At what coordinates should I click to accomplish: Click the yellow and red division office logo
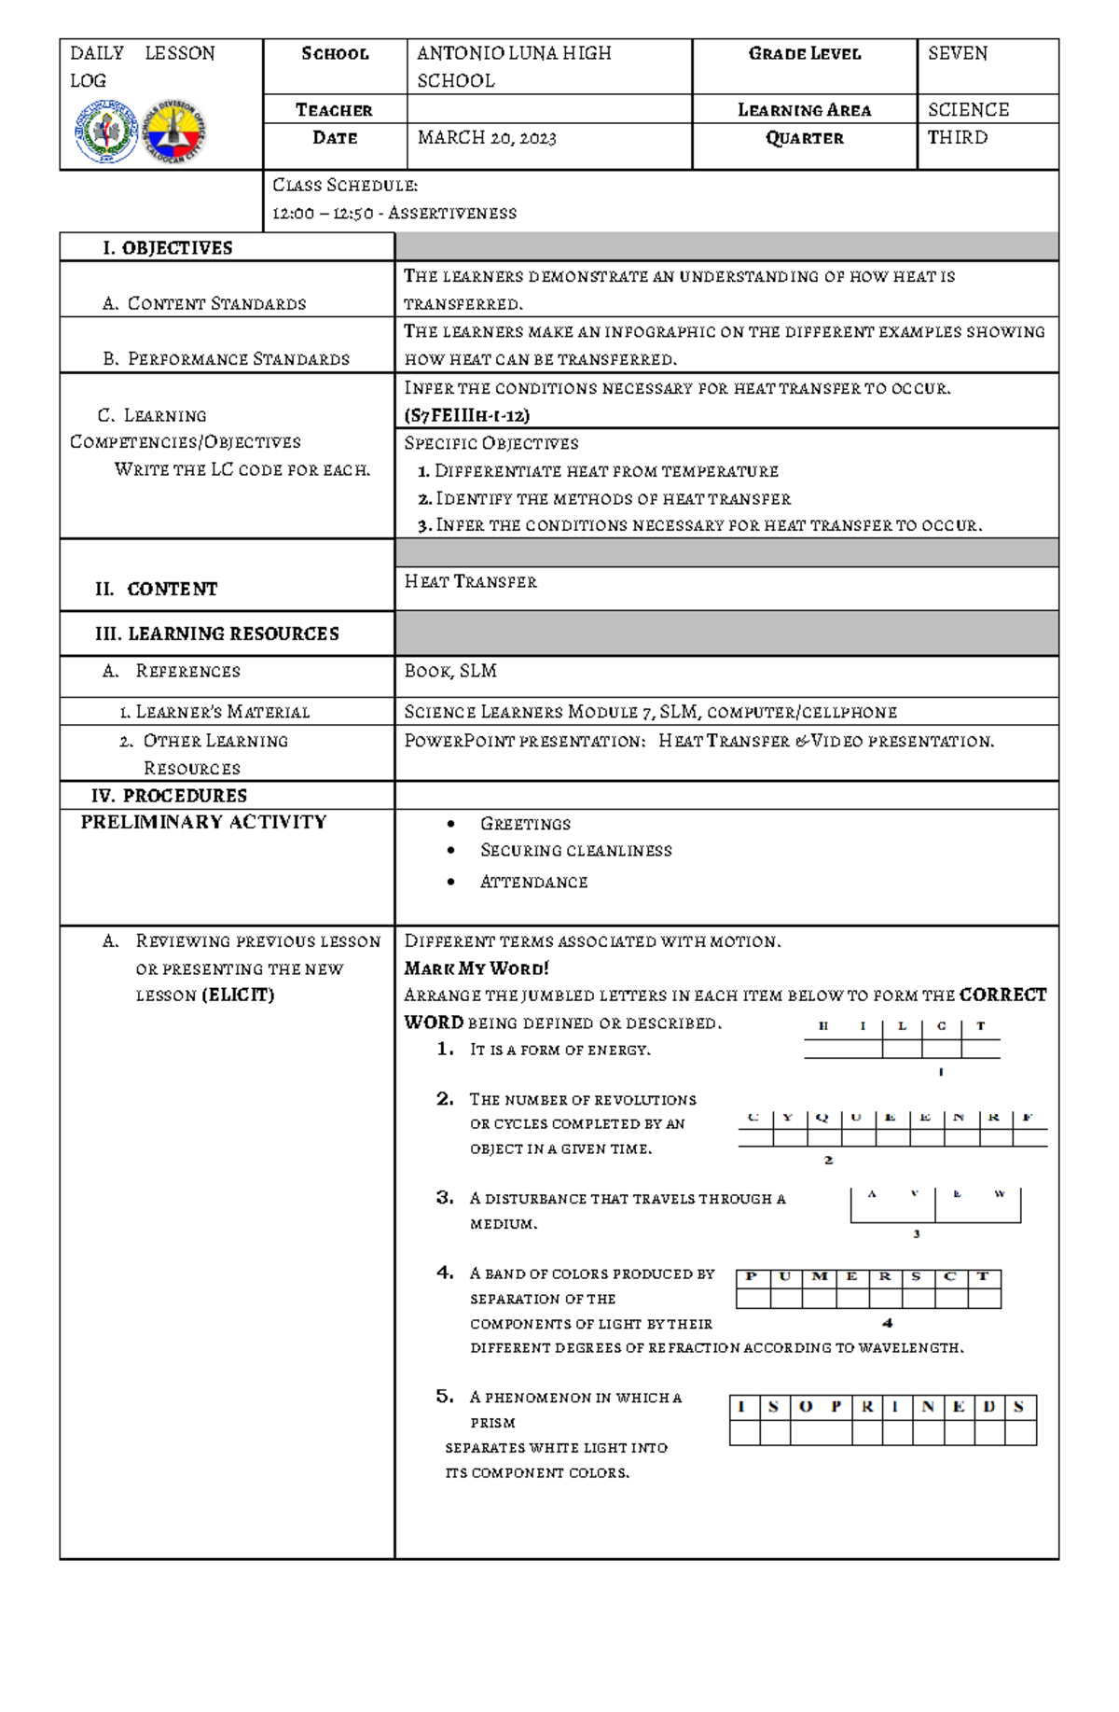click(173, 132)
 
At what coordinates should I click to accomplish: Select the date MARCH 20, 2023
click(486, 138)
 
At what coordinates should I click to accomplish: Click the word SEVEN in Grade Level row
click(957, 54)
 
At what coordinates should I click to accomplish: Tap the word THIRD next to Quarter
click(957, 138)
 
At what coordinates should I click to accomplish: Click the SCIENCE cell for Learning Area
click(968, 110)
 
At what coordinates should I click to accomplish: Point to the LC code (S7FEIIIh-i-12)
click(466, 415)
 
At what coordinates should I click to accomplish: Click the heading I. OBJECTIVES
click(168, 248)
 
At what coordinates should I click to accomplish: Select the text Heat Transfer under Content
click(470, 582)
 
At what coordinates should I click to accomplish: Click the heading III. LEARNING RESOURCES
click(216, 634)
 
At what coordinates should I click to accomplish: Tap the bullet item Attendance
click(533, 883)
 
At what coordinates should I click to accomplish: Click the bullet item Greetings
click(525, 824)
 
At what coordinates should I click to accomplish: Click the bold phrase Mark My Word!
click(476, 968)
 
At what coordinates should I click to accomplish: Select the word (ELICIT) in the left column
click(238, 995)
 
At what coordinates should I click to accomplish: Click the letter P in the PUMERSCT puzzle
click(752, 1277)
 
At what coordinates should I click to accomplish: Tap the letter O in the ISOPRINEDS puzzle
click(806, 1407)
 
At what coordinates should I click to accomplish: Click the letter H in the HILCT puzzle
click(823, 1026)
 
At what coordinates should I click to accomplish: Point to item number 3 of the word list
click(445, 1198)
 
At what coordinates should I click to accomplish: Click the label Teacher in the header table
click(334, 110)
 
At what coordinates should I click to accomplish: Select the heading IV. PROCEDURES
click(169, 796)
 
